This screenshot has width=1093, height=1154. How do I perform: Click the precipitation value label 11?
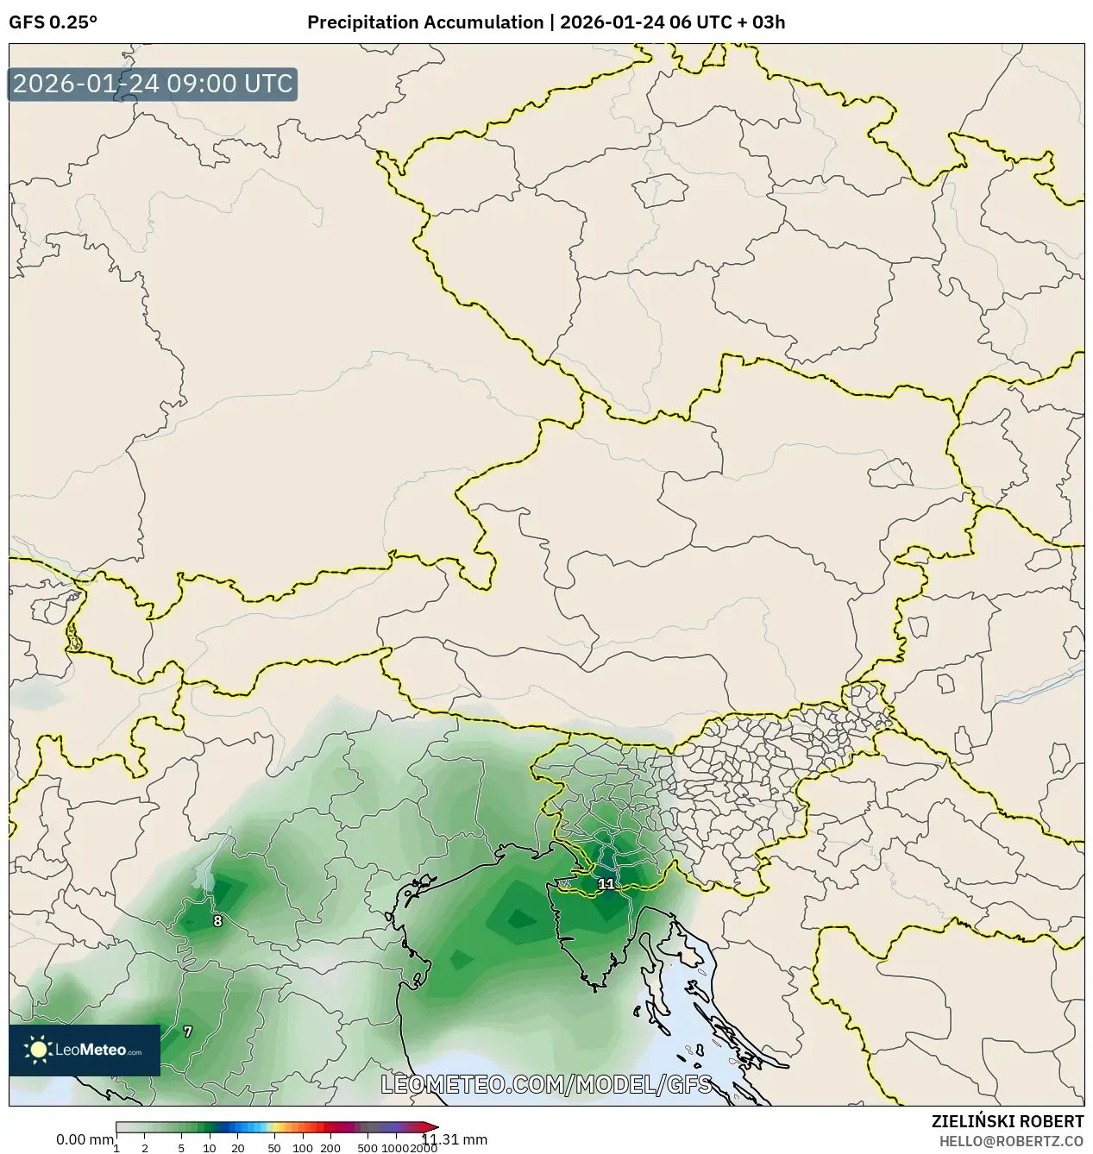606,884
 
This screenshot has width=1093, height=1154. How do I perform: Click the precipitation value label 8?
217,921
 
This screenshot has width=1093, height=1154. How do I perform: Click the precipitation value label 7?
188,1032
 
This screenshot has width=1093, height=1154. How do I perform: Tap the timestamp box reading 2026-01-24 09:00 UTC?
153,84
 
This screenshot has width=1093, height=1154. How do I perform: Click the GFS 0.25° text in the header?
53,22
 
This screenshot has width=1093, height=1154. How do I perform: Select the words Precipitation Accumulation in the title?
425,22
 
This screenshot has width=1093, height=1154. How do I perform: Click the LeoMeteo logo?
85,1050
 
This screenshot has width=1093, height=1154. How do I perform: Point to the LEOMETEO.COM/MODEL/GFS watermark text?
546,1084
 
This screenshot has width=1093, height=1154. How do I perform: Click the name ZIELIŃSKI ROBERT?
1007,1121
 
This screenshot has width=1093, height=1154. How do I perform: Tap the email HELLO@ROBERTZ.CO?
1011,1140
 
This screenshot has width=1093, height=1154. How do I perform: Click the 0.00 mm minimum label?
84,1139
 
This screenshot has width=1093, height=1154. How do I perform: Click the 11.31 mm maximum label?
455,1139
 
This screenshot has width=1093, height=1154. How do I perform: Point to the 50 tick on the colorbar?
274,1148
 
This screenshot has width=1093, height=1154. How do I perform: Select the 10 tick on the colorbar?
210,1148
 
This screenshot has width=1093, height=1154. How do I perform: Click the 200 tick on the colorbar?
330,1148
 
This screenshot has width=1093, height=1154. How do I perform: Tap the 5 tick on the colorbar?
181,1148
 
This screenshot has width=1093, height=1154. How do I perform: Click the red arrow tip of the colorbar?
433,1126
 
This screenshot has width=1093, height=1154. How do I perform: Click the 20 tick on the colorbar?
238,1148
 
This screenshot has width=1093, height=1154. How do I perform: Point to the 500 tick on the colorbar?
367,1148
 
